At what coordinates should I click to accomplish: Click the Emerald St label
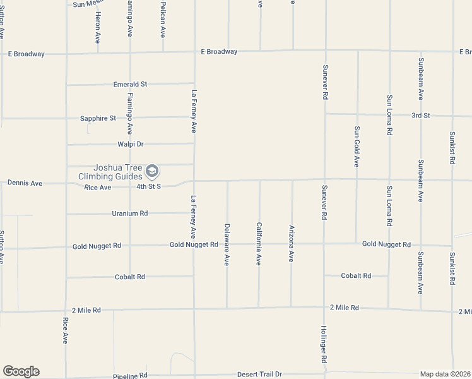[x=130, y=84]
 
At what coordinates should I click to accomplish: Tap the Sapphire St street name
[x=98, y=118]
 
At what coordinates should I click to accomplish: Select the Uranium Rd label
[x=130, y=214]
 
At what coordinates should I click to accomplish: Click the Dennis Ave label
[x=25, y=183]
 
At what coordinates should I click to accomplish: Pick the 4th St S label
[x=149, y=186]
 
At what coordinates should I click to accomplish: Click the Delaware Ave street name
[x=227, y=244]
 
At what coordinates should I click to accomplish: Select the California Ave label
[x=259, y=243]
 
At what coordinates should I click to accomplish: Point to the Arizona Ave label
[x=291, y=244]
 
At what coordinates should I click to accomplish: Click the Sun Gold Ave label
[x=357, y=146]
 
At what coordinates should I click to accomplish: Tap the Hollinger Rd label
[x=324, y=344]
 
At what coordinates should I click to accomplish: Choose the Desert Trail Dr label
[x=259, y=375]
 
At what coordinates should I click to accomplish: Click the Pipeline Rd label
[x=130, y=375]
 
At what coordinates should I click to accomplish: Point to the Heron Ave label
[x=98, y=29]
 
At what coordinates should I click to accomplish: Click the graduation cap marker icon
[x=151, y=171]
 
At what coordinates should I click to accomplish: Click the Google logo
[x=21, y=371]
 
